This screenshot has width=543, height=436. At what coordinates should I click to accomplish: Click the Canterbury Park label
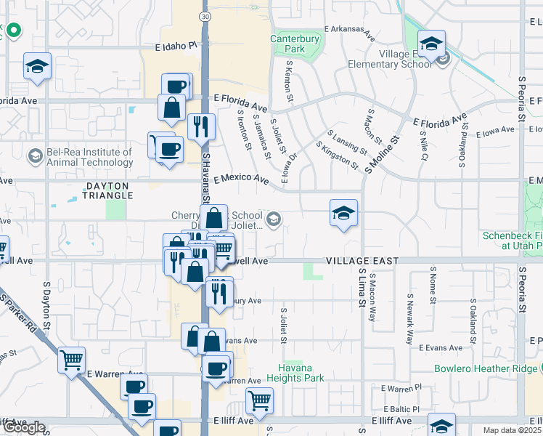298,44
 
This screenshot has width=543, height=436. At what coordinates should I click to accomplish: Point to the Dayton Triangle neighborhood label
109,191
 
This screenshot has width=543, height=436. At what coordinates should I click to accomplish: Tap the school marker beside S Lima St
344,213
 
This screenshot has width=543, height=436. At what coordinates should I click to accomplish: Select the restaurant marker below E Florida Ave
201,126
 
